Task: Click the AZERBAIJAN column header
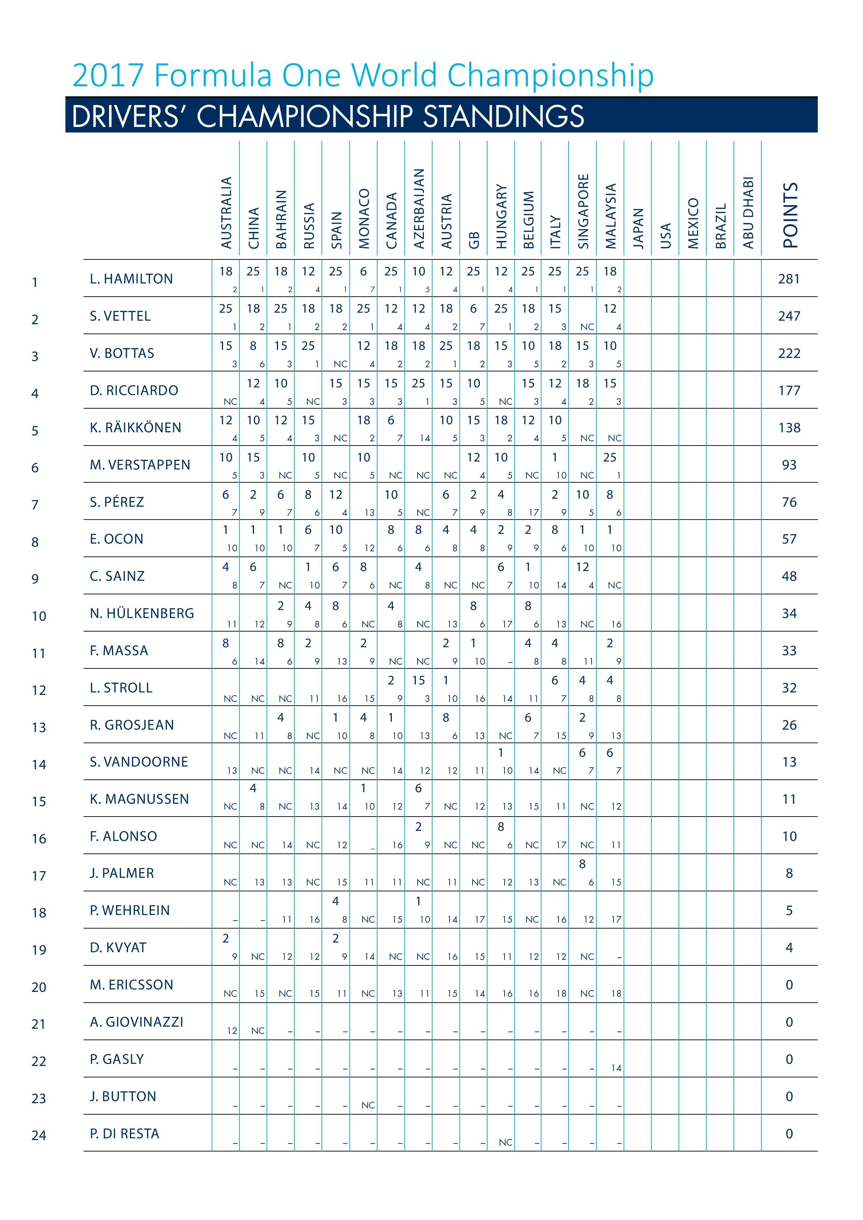pyautogui.click(x=419, y=209)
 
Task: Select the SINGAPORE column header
pyautogui.click(x=583, y=211)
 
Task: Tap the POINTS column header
pyautogui.click(x=790, y=215)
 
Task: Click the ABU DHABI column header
pyautogui.click(x=748, y=212)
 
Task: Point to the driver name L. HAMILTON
pyautogui.click(x=131, y=279)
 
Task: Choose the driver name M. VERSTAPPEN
pyautogui.click(x=140, y=465)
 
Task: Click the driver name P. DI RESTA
pyautogui.click(x=125, y=1133)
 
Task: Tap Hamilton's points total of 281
pyautogui.click(x=789, y=279)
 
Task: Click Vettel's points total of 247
pyautogui.click(x=789, y=316)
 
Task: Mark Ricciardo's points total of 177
pyautogui.click(x=789, y=391)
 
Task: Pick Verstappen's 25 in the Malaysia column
pyautogui.click(x=610, y=458)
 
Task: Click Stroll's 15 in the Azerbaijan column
pyautogui.click(x=419, y=680)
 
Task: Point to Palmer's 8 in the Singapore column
pyautogui.click(x=582, y=864)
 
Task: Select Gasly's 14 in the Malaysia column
pyautogui.click(x=616, y=1068)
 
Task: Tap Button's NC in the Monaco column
pyautogui.click(x=368, y=1105)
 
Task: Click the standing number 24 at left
pyautogui.click(x=39, y=1135)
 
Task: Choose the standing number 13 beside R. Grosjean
pyautogui.click(x=39, y=728)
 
